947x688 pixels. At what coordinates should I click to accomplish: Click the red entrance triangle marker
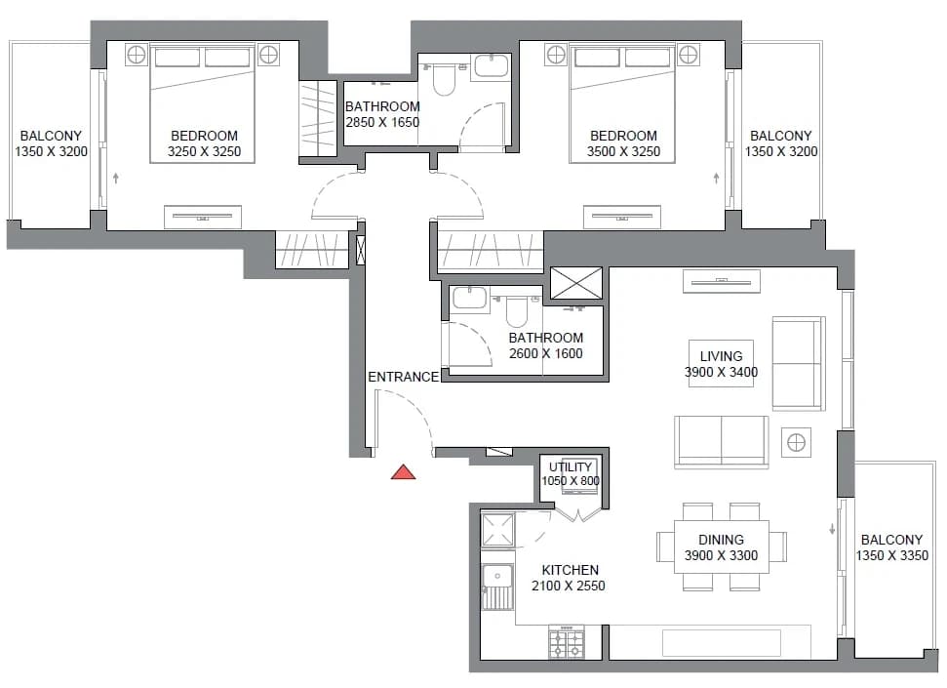coord(403,472)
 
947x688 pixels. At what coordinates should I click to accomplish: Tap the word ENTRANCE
coord(404,377)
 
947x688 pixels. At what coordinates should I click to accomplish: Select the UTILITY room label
coord(571,466)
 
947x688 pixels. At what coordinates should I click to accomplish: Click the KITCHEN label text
coord(571,570)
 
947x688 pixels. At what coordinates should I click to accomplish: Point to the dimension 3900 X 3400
coord(721,372)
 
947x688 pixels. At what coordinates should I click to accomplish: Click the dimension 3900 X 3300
coord(721,555)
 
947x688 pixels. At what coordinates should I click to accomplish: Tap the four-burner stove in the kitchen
coord(567,642)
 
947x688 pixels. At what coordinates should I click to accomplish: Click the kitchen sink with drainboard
coord(497,586)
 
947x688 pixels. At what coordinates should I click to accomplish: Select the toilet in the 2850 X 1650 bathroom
coord(444,80)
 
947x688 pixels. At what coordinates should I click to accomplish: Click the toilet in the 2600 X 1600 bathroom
coord(517,310)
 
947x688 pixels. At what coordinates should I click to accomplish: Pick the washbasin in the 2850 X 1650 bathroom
coord(491,66)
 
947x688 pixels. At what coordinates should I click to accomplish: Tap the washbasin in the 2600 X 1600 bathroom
coord(469,298)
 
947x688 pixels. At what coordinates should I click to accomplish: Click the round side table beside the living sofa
coord(796,442)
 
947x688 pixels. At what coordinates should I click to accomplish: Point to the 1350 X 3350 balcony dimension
coord(892,555)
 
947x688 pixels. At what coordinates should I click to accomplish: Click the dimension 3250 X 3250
coord(204,151)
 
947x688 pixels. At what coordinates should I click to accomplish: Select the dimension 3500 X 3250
coord(623,151)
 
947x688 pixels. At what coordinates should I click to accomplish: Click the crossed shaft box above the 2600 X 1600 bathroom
coord(576,283)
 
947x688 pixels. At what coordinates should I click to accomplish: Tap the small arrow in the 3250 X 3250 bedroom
coord(116,178)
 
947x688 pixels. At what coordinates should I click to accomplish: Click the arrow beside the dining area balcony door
coord(832,529)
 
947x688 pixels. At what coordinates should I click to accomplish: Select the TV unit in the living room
coord(721,281)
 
